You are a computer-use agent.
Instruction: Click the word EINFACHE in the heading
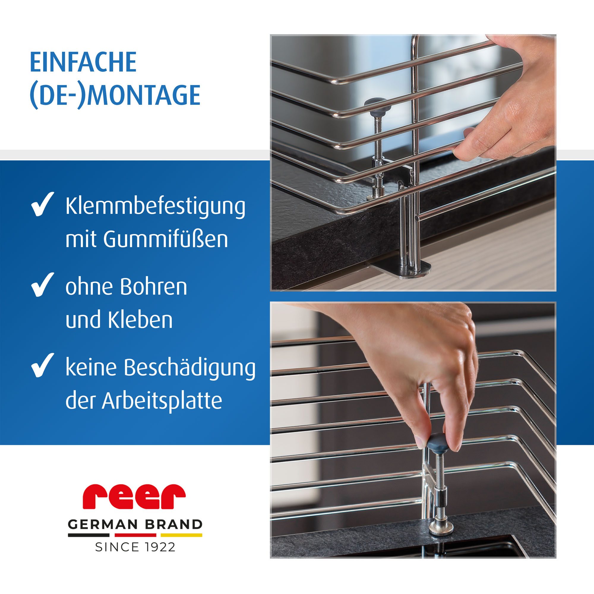83,62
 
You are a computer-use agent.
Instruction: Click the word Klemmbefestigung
155,207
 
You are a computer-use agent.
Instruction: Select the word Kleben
140,320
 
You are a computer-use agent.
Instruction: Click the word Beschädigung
190,368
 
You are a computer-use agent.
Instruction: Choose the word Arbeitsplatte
162,401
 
